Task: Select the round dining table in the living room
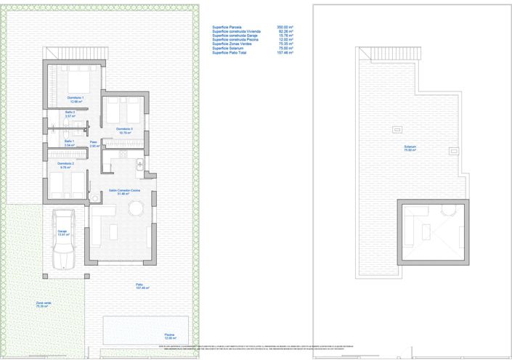(x=136, y=208)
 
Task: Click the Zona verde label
(x=44, y=304)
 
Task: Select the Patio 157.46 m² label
(x=141, y=286)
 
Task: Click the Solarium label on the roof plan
(x=410, y=148)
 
